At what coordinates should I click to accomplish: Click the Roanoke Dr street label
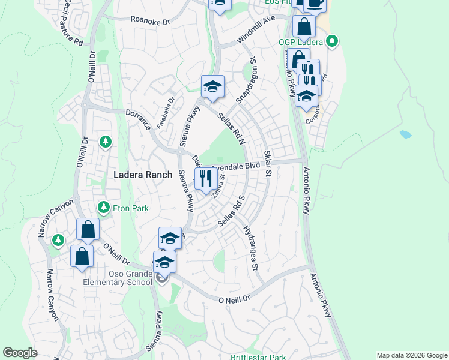(151, 20)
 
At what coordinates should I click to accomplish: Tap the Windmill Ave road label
(255, 29)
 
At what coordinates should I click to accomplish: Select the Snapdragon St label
(248, 79)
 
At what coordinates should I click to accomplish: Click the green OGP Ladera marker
(331, 42)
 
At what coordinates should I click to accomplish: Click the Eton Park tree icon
(104, 208)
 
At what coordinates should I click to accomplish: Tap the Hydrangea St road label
(251, 247)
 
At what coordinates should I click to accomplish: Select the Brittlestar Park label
(259, 357)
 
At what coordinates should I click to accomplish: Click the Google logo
(20, 353)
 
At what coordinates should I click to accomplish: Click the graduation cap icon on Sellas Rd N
(212, 87)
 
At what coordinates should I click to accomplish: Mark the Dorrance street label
(139, 121)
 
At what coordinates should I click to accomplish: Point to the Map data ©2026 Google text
(411, 355)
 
